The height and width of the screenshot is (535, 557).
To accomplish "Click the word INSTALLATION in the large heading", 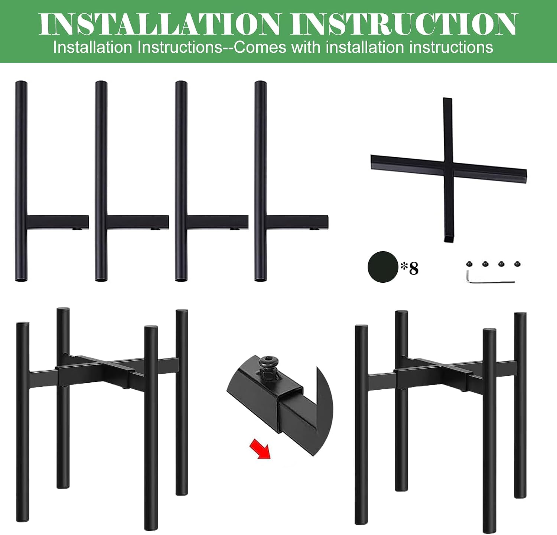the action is pyautogui.click(x=160, y=24).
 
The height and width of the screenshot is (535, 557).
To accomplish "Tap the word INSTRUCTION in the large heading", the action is pyautogui.click(x=404, y=24).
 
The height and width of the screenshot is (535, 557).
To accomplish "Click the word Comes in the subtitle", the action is pyautogui.click(x=260, y=48).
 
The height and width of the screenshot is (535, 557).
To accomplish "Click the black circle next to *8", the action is pyautogui.click(x=383, y=267).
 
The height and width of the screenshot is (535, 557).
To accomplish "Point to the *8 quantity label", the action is pyautogui.click(x=409, y=268).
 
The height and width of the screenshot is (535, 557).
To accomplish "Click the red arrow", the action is pyautogui.click(x=260, y=448).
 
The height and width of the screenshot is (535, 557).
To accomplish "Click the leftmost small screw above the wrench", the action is pyautogui.click(x=469, y=264).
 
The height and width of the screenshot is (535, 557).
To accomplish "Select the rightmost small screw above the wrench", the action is pyautogui.click(x=517, y=264).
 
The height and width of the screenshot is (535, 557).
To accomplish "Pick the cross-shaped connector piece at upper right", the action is pyautogui.click(x=449, y=169).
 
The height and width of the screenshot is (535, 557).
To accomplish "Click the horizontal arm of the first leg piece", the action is pyautogui.click(x=58, y=222).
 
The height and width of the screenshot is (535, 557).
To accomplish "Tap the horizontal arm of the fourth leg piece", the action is pyautogui.click(x=297, y=222).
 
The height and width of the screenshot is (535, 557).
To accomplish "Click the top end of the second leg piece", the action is pyautogui.click(x=101, y=82).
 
